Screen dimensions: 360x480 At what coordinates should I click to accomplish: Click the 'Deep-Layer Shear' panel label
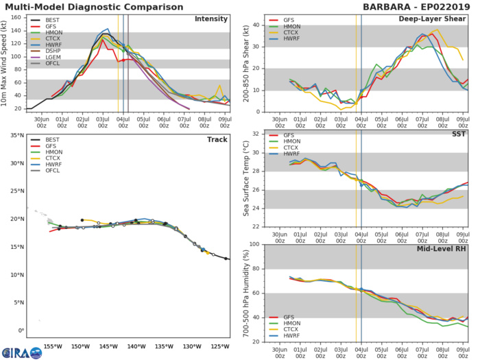(440, 19)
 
